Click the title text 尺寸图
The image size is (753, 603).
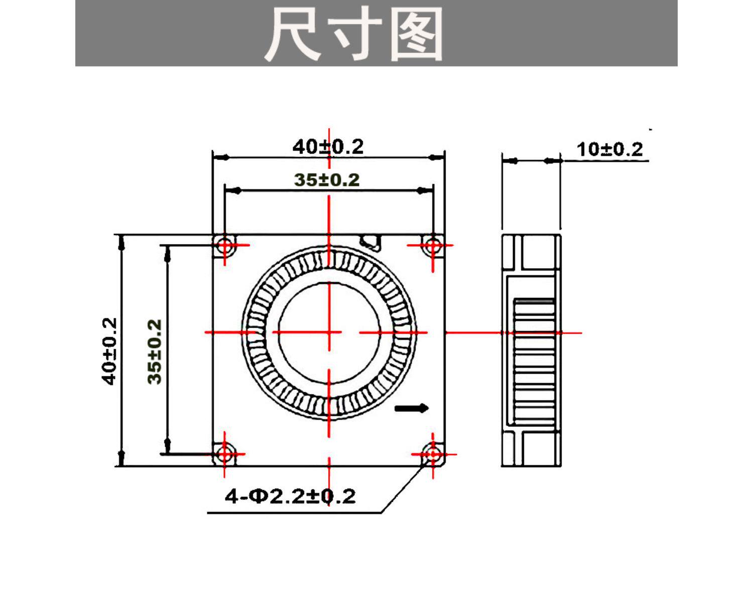tap(354, 34)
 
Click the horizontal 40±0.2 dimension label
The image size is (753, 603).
tap(328, 147)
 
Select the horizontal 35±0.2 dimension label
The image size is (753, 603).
tap(327, 180)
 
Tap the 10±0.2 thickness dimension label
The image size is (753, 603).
tap(609, 149)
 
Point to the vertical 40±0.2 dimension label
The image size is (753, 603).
tap(109, 351)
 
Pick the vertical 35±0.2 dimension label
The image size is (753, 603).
tap(154, 352)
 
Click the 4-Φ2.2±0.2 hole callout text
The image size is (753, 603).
tap(290, 496)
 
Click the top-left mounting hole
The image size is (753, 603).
tap(224, 245)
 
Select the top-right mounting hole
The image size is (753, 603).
tap(433, 245)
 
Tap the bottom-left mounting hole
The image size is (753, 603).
tap(224, 454)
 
